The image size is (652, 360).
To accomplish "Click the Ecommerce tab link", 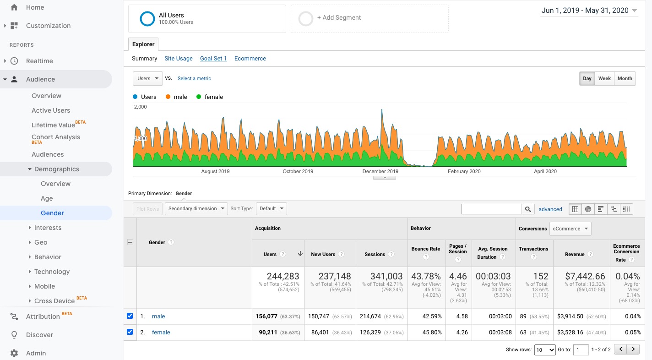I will point(250,59).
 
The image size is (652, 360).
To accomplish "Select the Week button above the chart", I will point(604,78).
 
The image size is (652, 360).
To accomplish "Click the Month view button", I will point(625,78).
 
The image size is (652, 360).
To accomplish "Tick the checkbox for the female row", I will point(130,332).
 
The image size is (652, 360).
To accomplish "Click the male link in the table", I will point(158,316).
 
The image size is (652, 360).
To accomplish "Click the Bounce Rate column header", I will point(425,249).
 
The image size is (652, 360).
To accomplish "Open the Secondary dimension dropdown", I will point(196,209).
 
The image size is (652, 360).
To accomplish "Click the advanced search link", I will point(550,209).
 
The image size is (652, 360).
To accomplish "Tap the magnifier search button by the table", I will point(528,209).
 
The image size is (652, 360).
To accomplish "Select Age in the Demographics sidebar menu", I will point(47,198).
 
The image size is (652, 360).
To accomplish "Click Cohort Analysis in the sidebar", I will point(56,137).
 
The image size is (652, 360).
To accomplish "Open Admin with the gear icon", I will point(36,353).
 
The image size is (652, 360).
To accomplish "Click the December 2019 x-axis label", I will point(380,172).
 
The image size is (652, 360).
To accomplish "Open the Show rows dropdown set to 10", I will point(545,350).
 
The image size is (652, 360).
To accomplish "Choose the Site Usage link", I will point(179,59).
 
